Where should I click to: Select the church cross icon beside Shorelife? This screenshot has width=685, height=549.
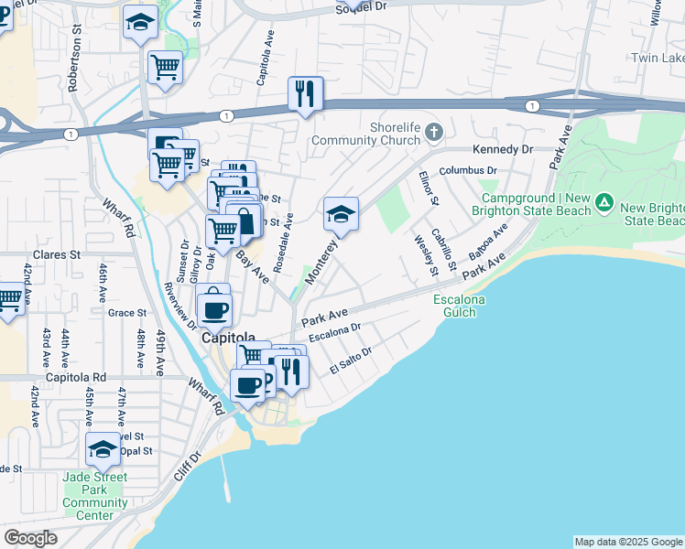(x=434, y=134)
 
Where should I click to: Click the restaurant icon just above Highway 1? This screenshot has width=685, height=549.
(x=305, y=93)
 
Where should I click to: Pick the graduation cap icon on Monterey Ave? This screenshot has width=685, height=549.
(x=341, y=215)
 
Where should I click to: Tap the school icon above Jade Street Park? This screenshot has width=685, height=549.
(x=103, y=449)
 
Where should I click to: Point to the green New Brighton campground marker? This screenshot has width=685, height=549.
(x=603, y=201)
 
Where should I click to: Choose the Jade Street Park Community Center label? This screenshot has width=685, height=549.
(x=95, y=496)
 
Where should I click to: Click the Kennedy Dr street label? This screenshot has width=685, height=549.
(x=502, y=149)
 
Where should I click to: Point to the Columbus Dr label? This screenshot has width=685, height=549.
(x=468, y=171)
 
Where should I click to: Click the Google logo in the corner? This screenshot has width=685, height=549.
(x=30, y=538)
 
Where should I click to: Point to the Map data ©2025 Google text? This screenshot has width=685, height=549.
(x=628, y=542)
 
